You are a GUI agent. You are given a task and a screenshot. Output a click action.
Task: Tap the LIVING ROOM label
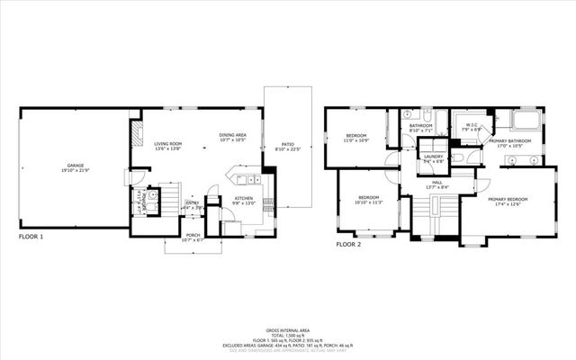click(168, 143)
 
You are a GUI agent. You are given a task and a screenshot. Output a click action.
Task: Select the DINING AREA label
click(234, 135)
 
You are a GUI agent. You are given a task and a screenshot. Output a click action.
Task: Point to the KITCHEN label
click(244, 198)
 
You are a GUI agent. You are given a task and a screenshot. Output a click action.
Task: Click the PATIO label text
click(287, 144)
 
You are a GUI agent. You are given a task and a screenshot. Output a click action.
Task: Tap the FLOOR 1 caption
click(31, 238)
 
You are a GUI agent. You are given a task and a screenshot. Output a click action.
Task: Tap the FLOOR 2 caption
click(348, 244)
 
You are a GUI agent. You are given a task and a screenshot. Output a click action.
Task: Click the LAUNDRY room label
click(433, 157)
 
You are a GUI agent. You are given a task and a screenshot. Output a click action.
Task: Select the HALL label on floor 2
click(436, 182)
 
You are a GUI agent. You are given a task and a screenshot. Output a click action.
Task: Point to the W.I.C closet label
click(471, 125)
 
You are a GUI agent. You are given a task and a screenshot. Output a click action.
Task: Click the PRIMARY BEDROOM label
click(508, 199)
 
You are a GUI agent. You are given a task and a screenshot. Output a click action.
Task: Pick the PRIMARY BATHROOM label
click(509, 140)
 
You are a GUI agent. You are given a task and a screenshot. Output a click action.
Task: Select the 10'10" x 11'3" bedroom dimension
click(369, 202)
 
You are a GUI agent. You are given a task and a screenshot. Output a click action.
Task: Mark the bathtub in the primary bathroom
click(524, 121)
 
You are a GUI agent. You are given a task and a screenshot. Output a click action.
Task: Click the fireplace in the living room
click(136, 135)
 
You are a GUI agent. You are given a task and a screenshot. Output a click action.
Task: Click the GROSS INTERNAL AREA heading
click(288, 331)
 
